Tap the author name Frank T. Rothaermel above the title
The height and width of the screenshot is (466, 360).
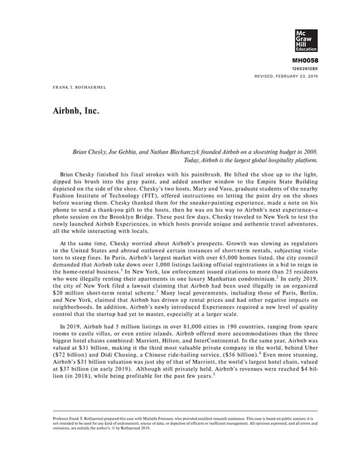pyautogui.click(x=76, y=88)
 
